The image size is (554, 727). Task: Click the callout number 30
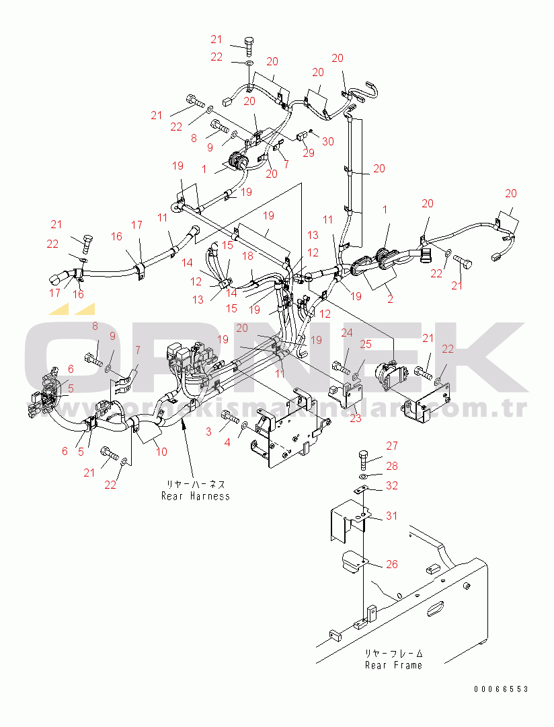327,141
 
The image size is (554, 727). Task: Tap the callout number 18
248,256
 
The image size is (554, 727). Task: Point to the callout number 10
161,452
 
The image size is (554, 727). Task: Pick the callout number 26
391,564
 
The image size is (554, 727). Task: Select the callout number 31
391,516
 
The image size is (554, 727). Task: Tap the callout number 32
391,485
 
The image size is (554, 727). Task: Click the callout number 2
390,300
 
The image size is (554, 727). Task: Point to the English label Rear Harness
195,496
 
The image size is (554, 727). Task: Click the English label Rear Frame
393,665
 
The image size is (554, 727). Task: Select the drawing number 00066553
500,689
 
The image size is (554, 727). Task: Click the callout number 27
391,446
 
